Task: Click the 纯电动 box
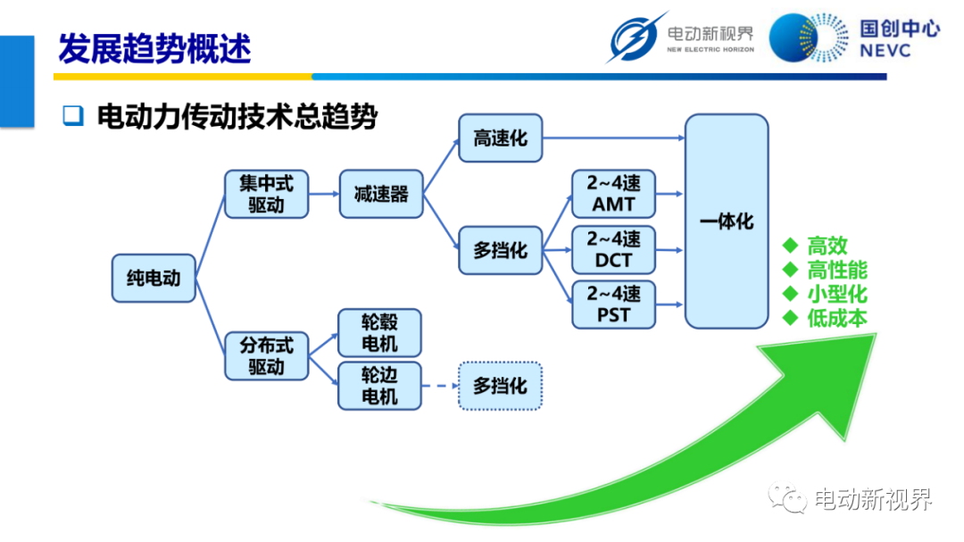[154, 278]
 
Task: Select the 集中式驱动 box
[266, 194]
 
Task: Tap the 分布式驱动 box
[266, 356]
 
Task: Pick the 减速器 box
[381, 194]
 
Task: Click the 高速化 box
[501, 138]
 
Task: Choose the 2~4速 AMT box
[613, 194]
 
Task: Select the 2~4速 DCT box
[613, 250]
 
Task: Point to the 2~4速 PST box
[613, 304]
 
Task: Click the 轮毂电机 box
[380, 333]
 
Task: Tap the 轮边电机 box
[380, 386]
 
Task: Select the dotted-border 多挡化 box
[501, 386]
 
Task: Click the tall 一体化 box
[727, 221]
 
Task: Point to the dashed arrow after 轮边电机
[440, 386]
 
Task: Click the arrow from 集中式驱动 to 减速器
[324, 194]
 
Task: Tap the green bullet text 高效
[827, 246]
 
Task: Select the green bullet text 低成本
[837, 318]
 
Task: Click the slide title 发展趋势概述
[155, 48]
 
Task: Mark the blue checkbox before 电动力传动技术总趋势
[73, 115]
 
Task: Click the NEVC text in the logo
[885, 50]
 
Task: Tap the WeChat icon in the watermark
[788, 497]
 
